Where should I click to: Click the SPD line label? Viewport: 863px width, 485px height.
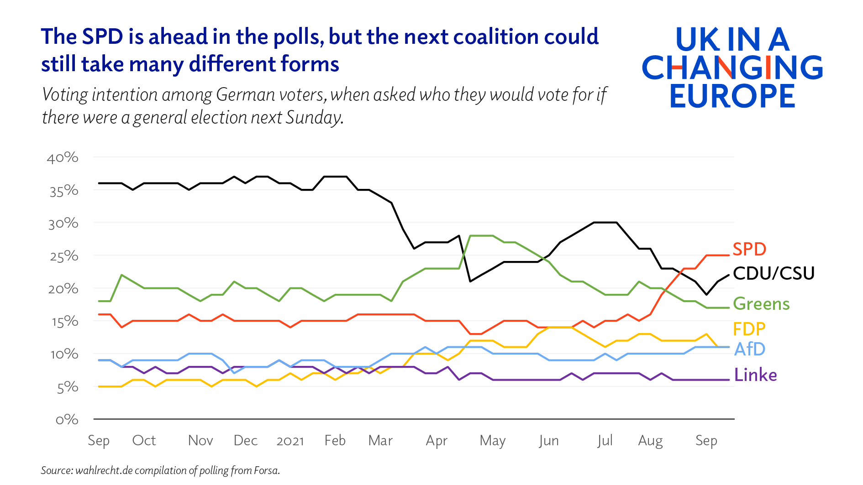pos(749,249)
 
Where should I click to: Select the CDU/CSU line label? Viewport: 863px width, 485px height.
pos(774,273)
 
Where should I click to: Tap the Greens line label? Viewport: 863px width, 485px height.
pos(761,304)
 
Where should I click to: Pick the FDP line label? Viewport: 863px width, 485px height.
pos(749,329)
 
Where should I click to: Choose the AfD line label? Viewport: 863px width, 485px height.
pos(749,349)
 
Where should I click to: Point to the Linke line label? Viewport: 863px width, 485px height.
pos(755,375)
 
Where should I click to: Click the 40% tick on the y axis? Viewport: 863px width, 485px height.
pos(63,158)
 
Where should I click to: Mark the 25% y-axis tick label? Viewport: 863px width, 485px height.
pos(64,256)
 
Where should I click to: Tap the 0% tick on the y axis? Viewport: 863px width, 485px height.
pos(67,420)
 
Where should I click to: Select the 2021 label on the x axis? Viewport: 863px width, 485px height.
pos(290,441)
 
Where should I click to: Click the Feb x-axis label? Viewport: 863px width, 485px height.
pos(335,440)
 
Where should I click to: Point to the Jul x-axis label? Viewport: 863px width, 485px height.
pos(605,441)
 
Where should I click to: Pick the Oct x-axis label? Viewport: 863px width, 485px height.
pos(144,440)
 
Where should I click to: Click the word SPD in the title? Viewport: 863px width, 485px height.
pos(102,37)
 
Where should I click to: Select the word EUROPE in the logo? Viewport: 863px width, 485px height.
pos(732,96)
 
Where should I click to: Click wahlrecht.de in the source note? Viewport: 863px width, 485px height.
pos(104,470)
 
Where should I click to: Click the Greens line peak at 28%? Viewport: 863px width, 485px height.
pos(481,236)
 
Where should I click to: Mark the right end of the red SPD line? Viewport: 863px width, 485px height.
pos(729,255)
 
